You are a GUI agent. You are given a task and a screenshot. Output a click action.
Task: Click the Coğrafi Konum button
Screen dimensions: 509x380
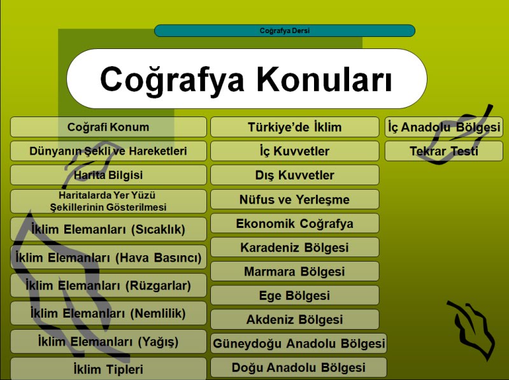click(108, 127)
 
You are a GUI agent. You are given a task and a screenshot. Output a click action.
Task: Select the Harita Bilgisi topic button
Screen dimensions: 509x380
click(108, 175)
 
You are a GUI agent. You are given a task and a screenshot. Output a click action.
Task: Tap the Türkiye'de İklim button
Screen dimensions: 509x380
click(295, 127)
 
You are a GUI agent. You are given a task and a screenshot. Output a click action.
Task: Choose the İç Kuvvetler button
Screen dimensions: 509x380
click(295, 151)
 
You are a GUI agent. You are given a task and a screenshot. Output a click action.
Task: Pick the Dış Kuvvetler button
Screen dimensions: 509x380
click(295, 175)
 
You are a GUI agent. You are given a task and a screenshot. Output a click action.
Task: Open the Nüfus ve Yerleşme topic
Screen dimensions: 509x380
click(295, 199)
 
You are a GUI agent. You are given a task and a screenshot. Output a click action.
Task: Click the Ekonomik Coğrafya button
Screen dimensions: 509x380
click(295, 223)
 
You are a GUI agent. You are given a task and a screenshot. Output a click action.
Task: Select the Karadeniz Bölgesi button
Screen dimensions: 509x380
click(295, 248)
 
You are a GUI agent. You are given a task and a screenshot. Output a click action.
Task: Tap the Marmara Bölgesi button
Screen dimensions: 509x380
click(295, 271)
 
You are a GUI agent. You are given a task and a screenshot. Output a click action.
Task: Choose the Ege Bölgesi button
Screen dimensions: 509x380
click(295, 295)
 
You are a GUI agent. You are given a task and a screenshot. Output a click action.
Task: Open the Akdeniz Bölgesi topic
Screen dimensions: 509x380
click(295, 320)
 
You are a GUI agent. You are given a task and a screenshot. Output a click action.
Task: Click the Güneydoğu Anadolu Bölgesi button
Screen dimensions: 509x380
click(299, 343)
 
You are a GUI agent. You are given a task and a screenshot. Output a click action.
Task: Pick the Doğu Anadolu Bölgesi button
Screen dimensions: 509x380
click(299, 367)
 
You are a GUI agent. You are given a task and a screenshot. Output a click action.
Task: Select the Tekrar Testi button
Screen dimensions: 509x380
click(444, 151)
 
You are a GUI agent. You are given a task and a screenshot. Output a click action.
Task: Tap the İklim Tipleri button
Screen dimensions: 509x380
click(108, 369)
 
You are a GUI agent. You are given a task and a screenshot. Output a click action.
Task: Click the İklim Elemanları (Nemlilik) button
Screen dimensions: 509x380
click(108, 313)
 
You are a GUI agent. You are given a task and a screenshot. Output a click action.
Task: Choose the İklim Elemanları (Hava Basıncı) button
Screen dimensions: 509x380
click(108, 257)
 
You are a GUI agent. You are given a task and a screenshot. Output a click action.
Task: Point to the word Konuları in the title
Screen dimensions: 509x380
click(325, 79)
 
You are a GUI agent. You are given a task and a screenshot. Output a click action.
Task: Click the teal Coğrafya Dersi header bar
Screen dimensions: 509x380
click(285, 31)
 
